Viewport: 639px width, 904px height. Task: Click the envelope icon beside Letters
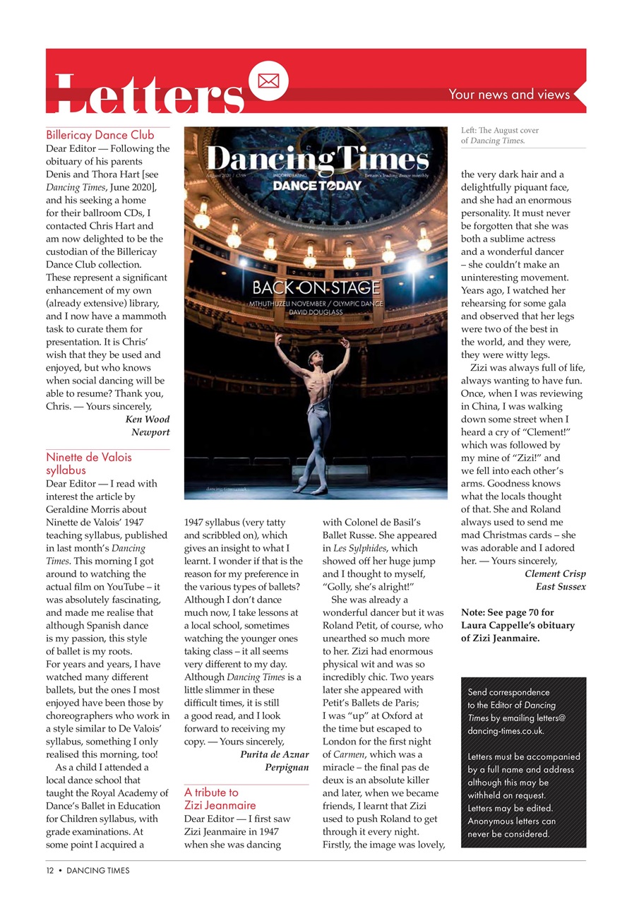click(268, 81)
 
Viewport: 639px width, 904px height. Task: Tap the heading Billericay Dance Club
click(100, 135)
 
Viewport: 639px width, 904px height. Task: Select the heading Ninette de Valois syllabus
click(89, 463)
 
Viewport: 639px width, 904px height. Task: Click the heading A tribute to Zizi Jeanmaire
click(220, 799)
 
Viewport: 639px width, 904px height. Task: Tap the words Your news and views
click(508, 95)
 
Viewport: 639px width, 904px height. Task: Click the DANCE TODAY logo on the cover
click(317, 186)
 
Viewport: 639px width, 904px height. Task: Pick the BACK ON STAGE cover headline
click(316, 287)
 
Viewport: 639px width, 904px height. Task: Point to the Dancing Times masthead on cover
click(317, 160)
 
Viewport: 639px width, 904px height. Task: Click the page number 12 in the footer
click(50, 871)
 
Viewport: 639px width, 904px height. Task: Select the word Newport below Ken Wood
click(150, 432)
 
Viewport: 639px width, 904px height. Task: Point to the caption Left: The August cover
click(500, 131)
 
